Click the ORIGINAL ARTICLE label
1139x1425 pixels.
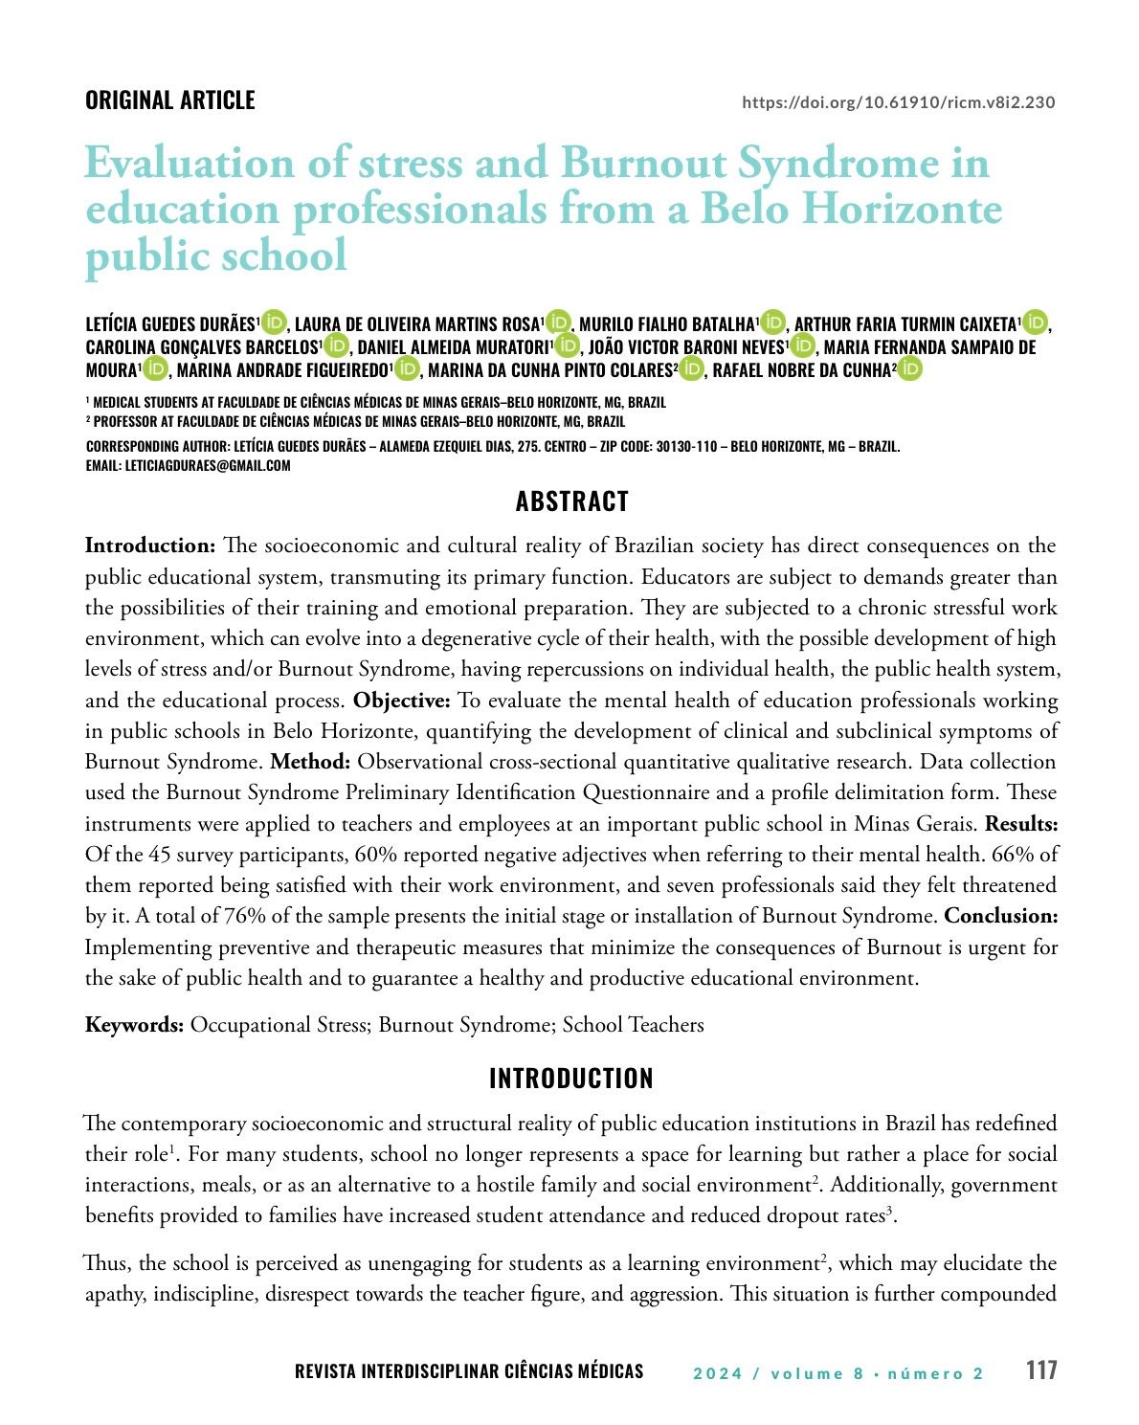(169, 100)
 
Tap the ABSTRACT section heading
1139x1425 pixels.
(571, 501)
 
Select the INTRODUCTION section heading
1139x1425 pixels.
(570, 1079)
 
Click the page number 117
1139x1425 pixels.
(1041, 1370)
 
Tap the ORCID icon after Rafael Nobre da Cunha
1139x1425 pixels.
(909, 369)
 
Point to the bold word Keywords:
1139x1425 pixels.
(134, 1025)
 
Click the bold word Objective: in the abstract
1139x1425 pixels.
(401, 701)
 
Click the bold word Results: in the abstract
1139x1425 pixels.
(1021, 823)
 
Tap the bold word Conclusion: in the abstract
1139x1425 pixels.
(1000, 916)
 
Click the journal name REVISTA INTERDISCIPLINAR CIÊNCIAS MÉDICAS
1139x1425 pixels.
(469, 1371)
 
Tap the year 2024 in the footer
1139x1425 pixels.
(718, 1373)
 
